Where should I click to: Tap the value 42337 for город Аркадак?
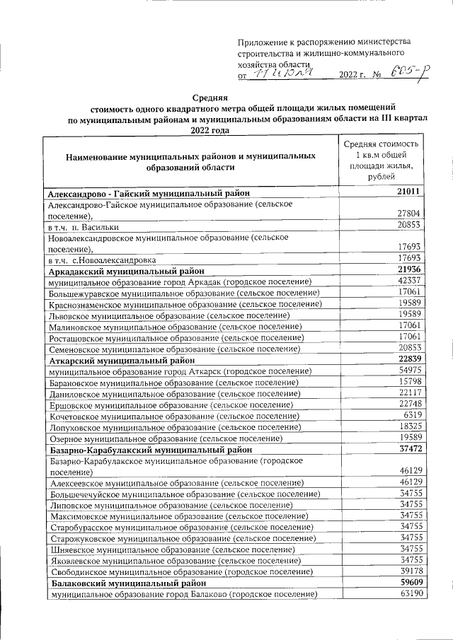pos(408,281)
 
